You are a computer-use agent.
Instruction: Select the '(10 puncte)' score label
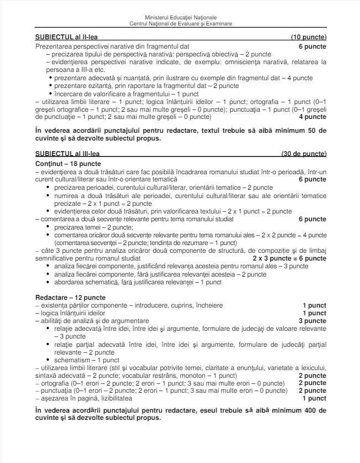click(x=309, y=38)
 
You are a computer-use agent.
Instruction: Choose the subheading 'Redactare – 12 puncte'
click(x=65, y=298)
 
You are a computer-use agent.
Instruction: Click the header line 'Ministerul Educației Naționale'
click(x=180, y=18)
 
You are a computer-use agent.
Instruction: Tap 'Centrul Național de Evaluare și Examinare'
click(x=180, y=24)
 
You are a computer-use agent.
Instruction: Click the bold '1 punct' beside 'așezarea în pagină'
click(x=314, y=398)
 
